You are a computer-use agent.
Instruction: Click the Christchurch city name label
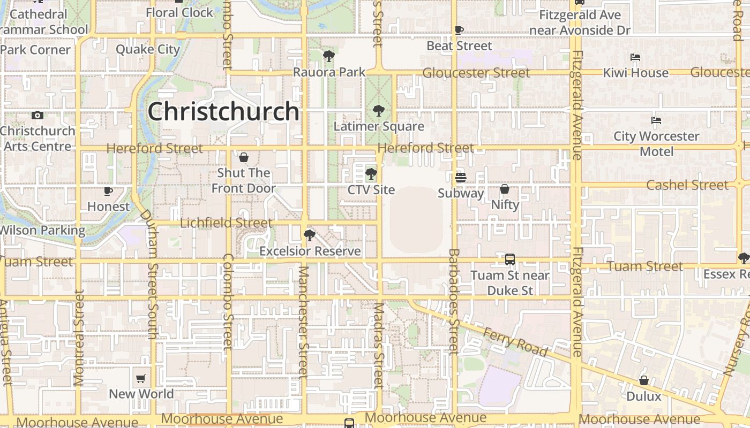coord(223,111)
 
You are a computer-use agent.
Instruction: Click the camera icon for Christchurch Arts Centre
coord(37,115)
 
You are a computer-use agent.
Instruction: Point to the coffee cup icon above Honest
coord(108,191)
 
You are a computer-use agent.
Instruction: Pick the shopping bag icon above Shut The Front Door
coord(244,157)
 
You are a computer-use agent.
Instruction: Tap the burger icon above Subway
coord(461,177)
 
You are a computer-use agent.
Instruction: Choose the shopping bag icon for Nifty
coord(505,189)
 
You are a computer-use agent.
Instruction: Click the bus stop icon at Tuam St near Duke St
coord(510,259)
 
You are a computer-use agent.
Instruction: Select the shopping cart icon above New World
coord(141,379)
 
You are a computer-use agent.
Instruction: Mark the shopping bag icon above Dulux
coord(644,380)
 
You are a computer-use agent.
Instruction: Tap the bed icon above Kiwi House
coord(635,57)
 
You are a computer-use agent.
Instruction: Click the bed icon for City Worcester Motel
coord(656,120)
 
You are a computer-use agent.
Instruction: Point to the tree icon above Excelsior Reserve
coord(309,235)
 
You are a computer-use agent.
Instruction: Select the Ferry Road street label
coord(515,342)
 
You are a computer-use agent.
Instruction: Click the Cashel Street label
coord(687,185)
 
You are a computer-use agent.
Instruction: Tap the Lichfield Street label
coord(226,223)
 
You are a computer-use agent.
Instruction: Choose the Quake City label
coord(148,49)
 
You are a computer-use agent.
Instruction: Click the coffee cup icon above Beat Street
coord(459,30)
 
